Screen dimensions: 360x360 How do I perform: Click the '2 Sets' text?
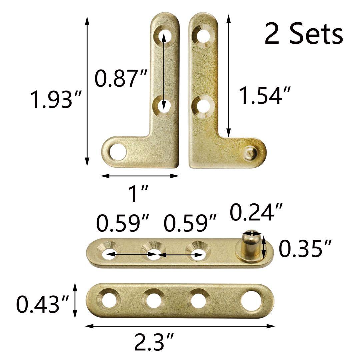[304, 34]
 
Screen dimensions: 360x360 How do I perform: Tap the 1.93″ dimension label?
[56, 99]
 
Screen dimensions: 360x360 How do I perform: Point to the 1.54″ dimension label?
[265, 95]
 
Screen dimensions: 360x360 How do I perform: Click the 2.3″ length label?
[154, 342]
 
